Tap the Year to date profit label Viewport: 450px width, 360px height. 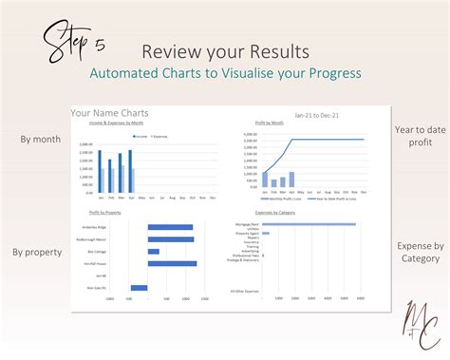[419, 135]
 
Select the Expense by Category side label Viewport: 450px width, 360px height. [420, 252]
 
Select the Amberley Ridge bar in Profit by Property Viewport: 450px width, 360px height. [170, 227]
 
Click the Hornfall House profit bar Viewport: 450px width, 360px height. [172, 263]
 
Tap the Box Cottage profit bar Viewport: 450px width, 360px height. [157, 252]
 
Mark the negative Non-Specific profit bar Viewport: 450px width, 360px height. [140, 287]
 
